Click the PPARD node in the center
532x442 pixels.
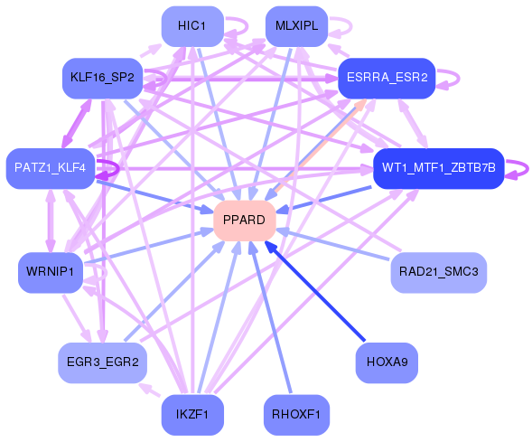pos(244,221)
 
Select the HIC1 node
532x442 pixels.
pos(191,26)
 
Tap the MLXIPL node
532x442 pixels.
pos(296,26)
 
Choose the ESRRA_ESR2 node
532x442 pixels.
pos(387,79)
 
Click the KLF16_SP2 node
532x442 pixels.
pos(101,79)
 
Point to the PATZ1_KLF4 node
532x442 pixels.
pos(51,168)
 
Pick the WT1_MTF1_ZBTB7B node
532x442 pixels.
pos(438,168)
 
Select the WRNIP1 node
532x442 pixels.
pos(51,272)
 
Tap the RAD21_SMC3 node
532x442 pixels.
pos(438,272)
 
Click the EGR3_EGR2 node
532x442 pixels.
pos(101,362)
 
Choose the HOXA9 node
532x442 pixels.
pos(387,362)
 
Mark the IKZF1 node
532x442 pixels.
pos(191,415)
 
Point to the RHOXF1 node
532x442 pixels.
pos(296,415)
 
